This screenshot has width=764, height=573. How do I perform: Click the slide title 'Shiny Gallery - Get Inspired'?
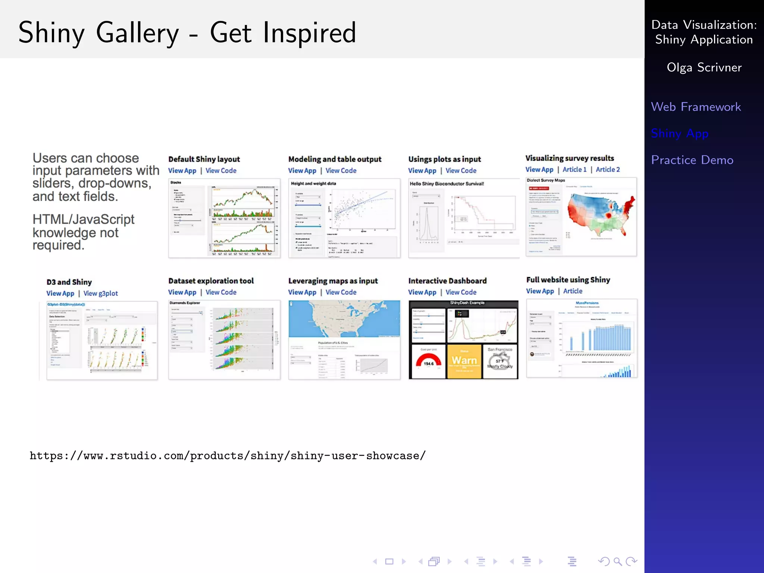[x=187, y=33]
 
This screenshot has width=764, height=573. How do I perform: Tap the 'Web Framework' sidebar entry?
[x=696, y=107]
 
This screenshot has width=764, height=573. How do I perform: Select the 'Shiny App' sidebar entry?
[x=679, y=133]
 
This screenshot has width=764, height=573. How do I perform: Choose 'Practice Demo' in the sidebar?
[x=692, y=160]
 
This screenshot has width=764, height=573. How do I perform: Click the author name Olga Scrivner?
[x=704, y=68]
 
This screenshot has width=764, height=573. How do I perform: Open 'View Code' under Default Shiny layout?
[x=221, y=170]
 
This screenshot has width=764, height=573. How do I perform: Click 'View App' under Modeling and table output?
[x=302, y=170]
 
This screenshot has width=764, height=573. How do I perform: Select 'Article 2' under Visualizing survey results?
[x=607, y=169]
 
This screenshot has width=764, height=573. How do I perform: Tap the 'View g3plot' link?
[x=100, y=293]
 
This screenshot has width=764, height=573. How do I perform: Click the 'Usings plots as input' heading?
[x=444, y=159]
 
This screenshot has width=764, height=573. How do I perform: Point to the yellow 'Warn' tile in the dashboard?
[x=464, y=360]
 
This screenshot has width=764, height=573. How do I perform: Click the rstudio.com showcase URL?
[x=228, y=455]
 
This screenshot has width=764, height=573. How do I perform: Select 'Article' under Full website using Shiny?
[x=572, y=291]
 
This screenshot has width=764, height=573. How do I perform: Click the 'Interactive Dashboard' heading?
[x=447, y=281]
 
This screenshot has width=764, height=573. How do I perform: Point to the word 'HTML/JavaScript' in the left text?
[x=83, y=219]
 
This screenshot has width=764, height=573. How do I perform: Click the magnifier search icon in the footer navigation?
[x=617, y=561]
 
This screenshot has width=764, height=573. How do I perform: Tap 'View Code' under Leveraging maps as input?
[x=341, y=292]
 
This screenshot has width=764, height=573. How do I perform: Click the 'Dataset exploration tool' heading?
[x=211, y=281]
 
